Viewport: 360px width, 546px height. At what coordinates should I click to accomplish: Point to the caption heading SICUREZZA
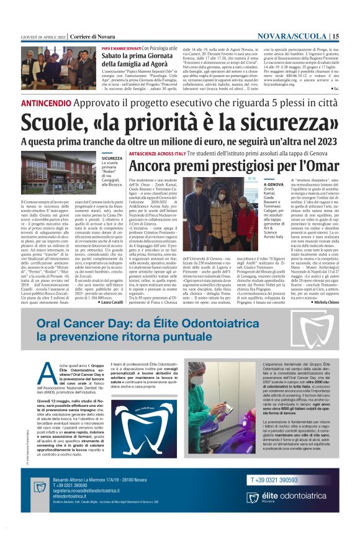point(113,158)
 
